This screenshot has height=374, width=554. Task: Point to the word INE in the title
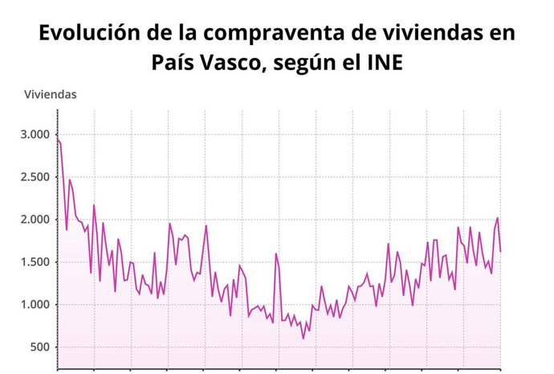click(385, 63)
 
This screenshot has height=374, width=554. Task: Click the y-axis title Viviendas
click(51, 94)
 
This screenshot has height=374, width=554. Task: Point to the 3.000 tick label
click(35, 134)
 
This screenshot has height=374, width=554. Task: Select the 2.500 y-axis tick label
click(35, 177)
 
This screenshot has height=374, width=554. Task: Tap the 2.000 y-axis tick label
click(35, 220)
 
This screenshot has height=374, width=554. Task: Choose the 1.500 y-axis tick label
click(35, 262)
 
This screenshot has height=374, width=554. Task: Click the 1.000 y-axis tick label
click(35, 305)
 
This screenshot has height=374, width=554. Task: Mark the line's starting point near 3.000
click(58, 139)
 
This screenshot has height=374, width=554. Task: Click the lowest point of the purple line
click(303, 338)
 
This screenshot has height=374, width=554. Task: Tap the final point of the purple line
click(501, 251)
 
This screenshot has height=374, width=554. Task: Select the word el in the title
click(349, 63)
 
